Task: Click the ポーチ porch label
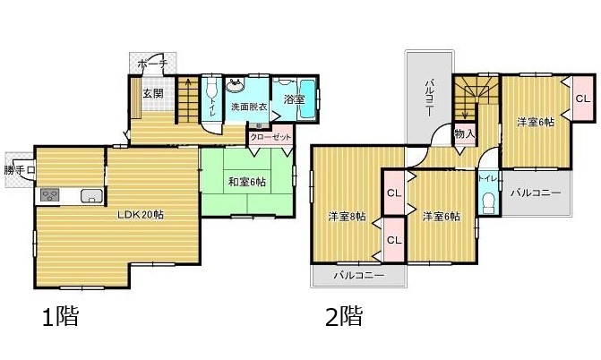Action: point(152,64)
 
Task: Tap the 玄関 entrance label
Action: point(153,93)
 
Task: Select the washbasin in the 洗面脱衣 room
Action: point(236,85)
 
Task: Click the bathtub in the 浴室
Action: point(307,99)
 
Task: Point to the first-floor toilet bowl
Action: point(211,90)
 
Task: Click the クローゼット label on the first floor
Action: point(270,136)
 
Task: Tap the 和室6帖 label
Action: point(247,181)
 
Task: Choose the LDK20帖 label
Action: point(141,215)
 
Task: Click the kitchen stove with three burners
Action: point(50,195)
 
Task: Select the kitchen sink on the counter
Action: point(91,195)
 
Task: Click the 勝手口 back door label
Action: point(20,170)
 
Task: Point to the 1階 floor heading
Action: point(61,317)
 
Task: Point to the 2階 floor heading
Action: point(344,317)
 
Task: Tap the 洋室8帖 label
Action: point(347,217)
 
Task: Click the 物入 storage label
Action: point(465,133)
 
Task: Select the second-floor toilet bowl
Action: point(488,203)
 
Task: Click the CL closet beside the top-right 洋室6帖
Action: point(583,99)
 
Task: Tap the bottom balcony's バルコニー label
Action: point(359,275)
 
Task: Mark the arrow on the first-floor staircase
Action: point(188,99)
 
